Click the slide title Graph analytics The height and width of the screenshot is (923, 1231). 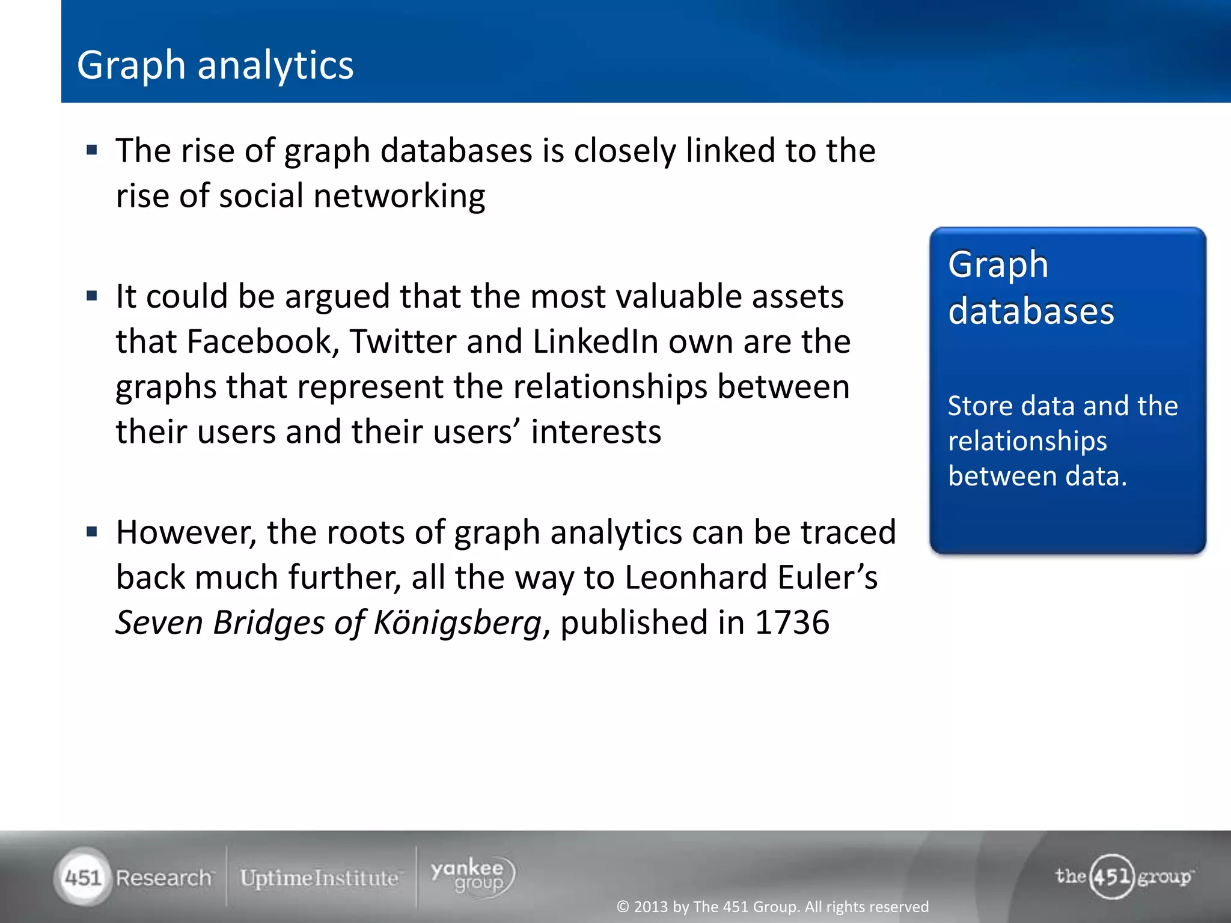[x=215, y=65]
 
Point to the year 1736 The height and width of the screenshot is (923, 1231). [x=792, y=622]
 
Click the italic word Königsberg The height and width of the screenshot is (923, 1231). [x=457, y=623]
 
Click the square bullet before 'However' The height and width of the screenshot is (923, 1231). [x=92, y=532]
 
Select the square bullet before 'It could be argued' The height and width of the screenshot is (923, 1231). [x=92, y=296]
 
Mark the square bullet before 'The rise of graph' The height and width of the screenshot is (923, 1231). [x=92, y=150]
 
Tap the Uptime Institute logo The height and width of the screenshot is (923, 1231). [x=319, y=878]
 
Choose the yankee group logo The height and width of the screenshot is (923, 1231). [x=472, y=876]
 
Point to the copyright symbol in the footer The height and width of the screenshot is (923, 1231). [x=623, y=906]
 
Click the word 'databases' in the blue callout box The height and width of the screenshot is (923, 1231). [x=1031, y=311]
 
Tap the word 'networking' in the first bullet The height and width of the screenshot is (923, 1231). [x=399, y=196]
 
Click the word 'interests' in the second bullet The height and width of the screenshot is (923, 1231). [x=596, y=431]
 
